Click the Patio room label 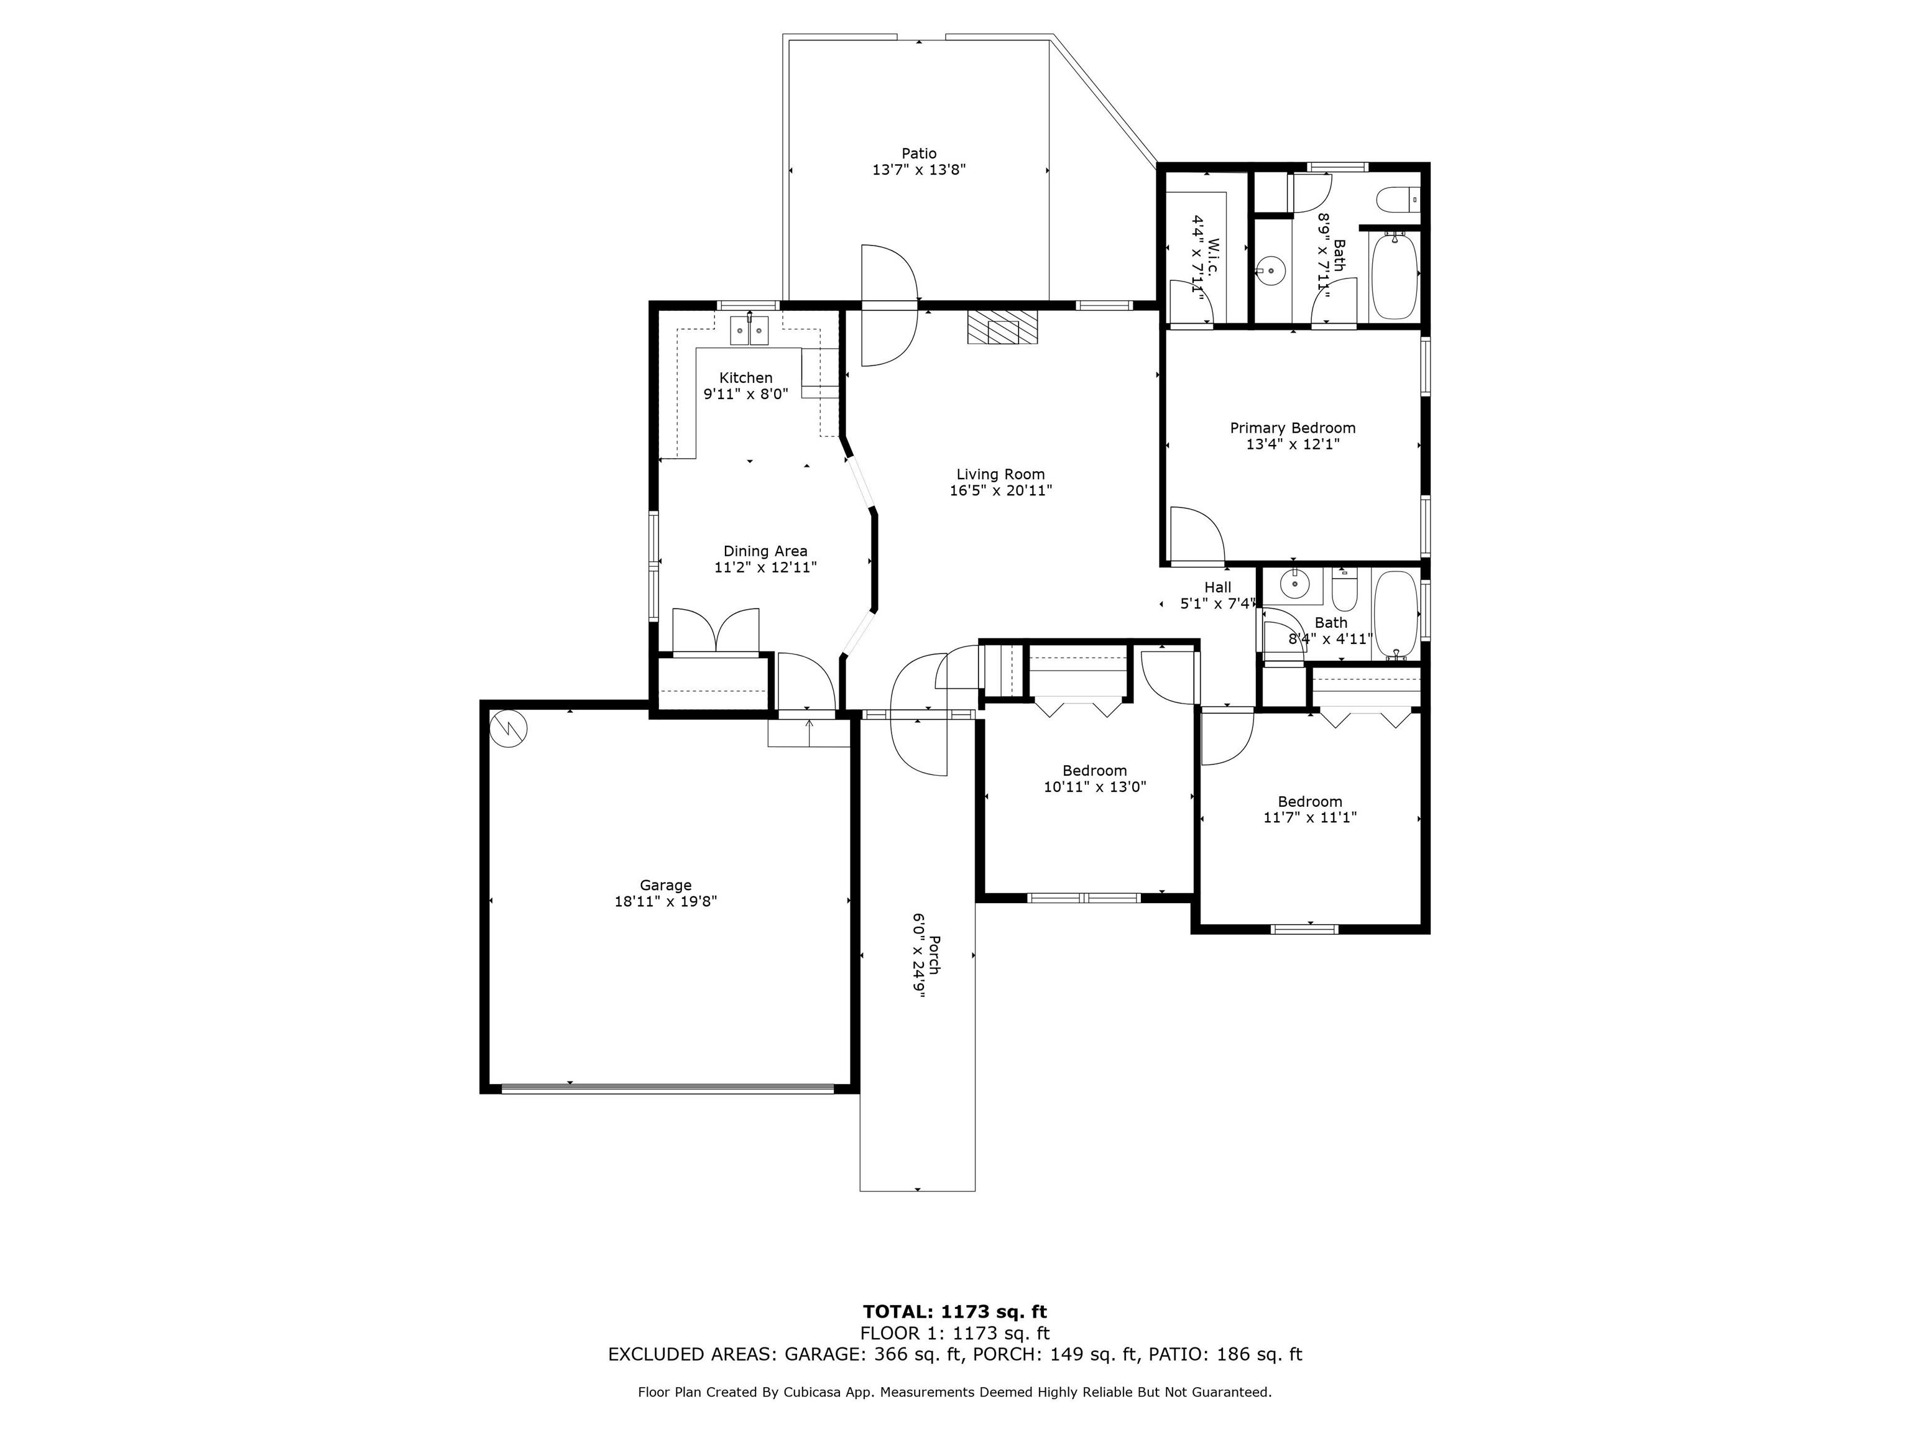919,154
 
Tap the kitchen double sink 749,331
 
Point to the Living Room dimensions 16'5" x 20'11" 1001,491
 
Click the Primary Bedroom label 1293,428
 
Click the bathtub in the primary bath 1395,275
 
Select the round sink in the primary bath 1270,271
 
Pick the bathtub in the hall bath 1395,615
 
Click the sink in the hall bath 1294,584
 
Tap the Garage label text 666,885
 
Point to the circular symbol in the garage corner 509,728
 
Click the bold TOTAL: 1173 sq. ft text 955,1313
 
